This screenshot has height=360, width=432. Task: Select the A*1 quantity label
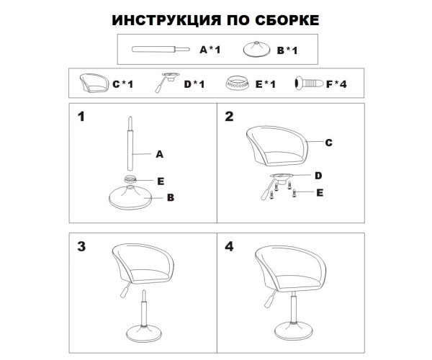210,50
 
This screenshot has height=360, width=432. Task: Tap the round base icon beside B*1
256,48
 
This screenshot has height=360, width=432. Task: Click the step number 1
81,117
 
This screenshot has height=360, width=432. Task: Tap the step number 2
229,117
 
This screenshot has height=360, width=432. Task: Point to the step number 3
81,246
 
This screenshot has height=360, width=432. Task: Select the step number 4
229,246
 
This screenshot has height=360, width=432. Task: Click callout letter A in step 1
160,153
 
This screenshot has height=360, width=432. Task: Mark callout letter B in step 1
171,196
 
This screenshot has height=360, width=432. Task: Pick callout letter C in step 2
328,143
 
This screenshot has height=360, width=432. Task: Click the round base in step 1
130,197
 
